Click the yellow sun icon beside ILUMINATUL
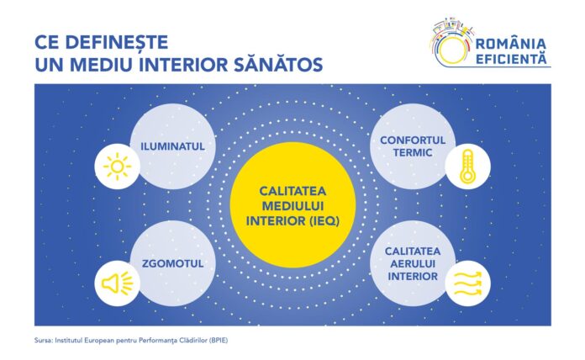pos(117,167)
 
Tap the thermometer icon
pos(467,167)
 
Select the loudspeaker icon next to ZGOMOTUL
pos(117,283)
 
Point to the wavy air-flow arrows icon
pos(467,283)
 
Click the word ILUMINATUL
pos(173,146)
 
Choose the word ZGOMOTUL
pos(173,263)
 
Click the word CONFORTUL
pos(413,140)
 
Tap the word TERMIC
pos(413,153)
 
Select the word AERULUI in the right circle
pos(413,264)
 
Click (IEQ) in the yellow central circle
pos(324,221)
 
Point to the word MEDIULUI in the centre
pos(292,206)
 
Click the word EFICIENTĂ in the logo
pos(511,59)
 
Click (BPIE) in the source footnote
pos(219,341)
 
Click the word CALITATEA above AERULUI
pos(413,251)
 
